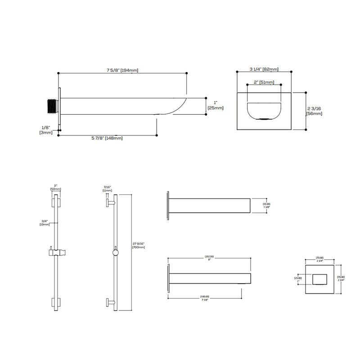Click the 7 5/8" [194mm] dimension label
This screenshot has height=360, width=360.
122,70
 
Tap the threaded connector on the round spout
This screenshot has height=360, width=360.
51,104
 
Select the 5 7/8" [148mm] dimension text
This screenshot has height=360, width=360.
108,138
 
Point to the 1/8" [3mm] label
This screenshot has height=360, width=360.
46,130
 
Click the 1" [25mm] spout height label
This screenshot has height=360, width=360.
215,105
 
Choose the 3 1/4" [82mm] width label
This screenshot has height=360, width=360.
264,69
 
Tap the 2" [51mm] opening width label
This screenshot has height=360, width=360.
264,82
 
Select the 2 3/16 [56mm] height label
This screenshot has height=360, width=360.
314,111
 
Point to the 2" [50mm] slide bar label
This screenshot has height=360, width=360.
56,188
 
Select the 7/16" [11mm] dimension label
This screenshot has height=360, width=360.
107,189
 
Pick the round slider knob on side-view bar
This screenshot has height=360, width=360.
116,253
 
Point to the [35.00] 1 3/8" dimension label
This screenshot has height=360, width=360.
267,206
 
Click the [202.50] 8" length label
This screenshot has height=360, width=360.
210,259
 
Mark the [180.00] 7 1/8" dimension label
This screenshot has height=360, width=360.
205,298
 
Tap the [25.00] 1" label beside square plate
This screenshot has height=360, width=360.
298,279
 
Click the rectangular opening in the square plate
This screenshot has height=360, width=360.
321,279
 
